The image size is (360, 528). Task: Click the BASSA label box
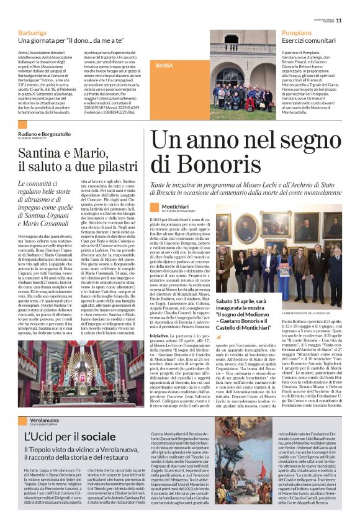(x=164, y=65)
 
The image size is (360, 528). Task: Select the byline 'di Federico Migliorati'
(x=184, y=211)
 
